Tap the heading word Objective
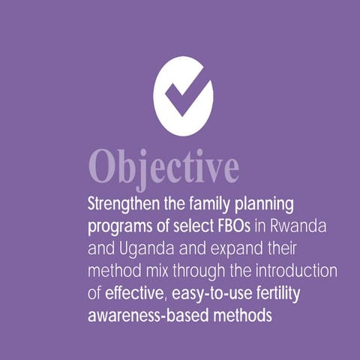(x=164, y=165)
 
